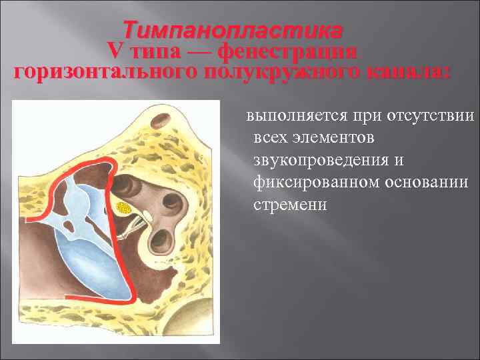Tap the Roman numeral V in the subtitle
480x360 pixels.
point(115,51)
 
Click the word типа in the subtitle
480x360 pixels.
point(147,51)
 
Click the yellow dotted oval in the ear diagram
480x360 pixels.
point(123,208)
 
